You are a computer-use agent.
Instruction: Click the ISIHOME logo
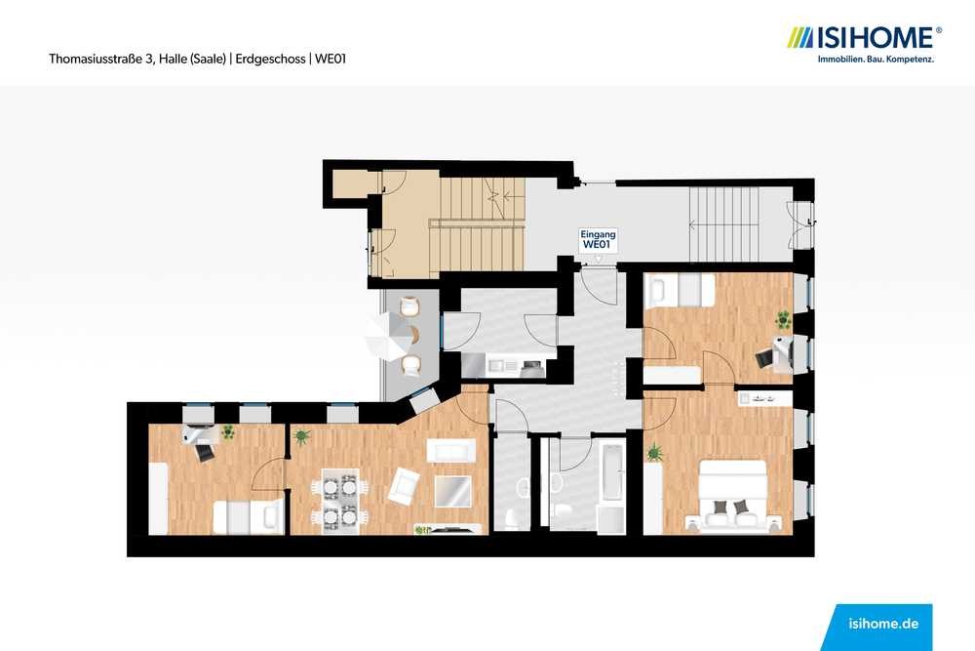click(864, 44)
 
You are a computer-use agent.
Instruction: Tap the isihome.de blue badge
click(878, 627)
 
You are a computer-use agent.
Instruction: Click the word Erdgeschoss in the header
click(270, 60)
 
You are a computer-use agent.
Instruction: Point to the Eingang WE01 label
click(599, 240)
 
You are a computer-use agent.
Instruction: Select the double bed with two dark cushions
click(733, 496)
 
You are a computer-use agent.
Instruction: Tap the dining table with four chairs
click(340, 501)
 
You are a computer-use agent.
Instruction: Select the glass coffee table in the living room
click(452, 491)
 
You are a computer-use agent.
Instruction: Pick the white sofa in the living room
click(451, 451)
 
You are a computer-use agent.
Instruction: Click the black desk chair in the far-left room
click(204, 452)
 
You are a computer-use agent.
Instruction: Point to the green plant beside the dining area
click(301, 437)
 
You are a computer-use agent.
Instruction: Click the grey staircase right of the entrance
click(723, 224)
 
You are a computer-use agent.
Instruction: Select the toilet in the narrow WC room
click(513, 518)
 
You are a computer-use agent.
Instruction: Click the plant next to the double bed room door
click(655, 453)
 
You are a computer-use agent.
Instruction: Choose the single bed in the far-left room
click(247, 518)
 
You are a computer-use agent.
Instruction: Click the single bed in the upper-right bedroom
click(681, 290)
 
